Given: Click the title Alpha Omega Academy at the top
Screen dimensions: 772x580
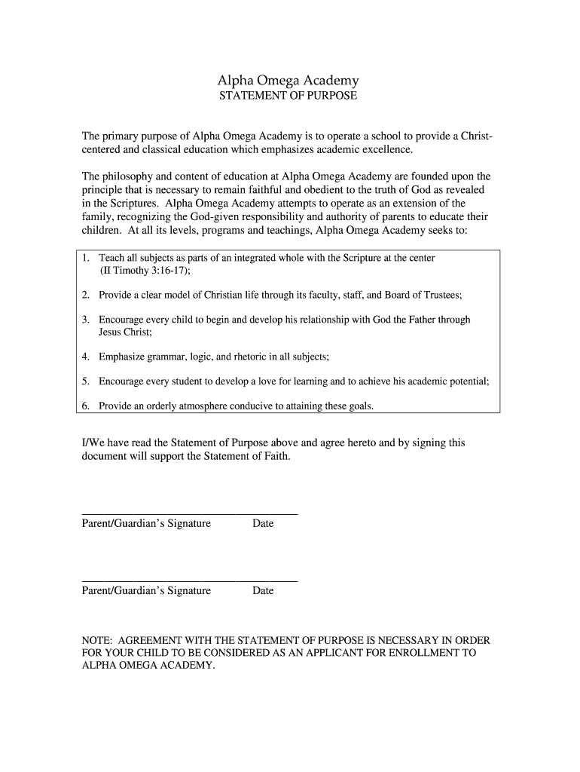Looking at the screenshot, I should (288, 80).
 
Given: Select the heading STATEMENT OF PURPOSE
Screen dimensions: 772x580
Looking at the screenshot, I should (288, 96).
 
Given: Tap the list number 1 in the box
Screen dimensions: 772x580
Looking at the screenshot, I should (86, 258).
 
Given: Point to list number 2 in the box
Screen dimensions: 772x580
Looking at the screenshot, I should (86, 295).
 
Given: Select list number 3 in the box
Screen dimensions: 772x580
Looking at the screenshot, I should (86, 320).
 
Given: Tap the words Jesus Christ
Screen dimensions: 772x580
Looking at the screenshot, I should (125, 332).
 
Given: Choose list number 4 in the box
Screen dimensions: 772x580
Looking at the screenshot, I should (86, 357).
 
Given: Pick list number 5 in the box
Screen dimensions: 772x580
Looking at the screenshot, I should (86, 381).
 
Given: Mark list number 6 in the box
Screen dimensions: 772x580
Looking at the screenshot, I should (86, 406).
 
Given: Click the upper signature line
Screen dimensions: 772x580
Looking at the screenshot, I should (189, 513).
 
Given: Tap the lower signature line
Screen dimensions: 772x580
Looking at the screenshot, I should (189, 581).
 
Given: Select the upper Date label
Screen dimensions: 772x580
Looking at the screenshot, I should (263, 523).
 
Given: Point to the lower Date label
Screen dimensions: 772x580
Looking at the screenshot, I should (263, 591).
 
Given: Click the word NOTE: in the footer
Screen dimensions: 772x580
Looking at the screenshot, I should (97, 640).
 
